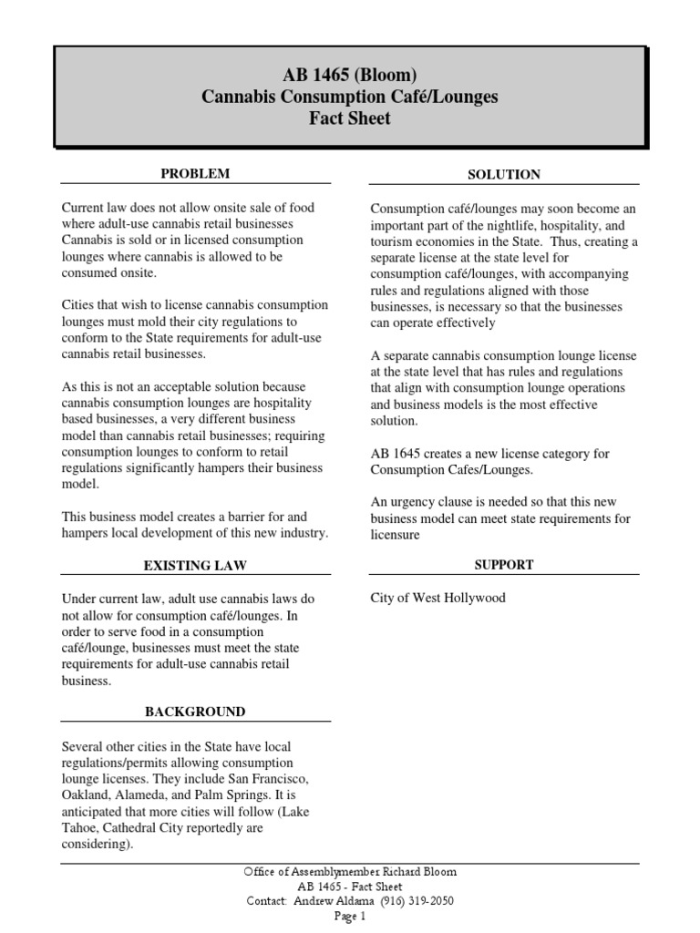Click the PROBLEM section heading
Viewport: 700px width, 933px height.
point(195,173)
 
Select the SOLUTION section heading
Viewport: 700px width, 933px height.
point(504,174)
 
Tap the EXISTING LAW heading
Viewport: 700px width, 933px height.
point(195,566)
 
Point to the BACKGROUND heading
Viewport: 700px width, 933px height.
point(195,712)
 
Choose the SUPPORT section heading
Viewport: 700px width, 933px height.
point(504,565)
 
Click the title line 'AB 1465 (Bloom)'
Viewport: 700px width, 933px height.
point(350,75)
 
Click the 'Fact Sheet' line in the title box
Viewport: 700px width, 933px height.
point(350,118)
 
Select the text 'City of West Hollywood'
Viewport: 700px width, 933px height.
point(437,598)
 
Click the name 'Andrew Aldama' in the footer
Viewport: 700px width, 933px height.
point(331,901)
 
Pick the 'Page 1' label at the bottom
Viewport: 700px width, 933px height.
point(350,917)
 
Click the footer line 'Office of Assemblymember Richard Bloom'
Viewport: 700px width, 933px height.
point(350,872)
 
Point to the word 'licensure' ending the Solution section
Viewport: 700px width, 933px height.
point(395,536)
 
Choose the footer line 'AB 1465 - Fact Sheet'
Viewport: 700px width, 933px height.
point(350,887)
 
